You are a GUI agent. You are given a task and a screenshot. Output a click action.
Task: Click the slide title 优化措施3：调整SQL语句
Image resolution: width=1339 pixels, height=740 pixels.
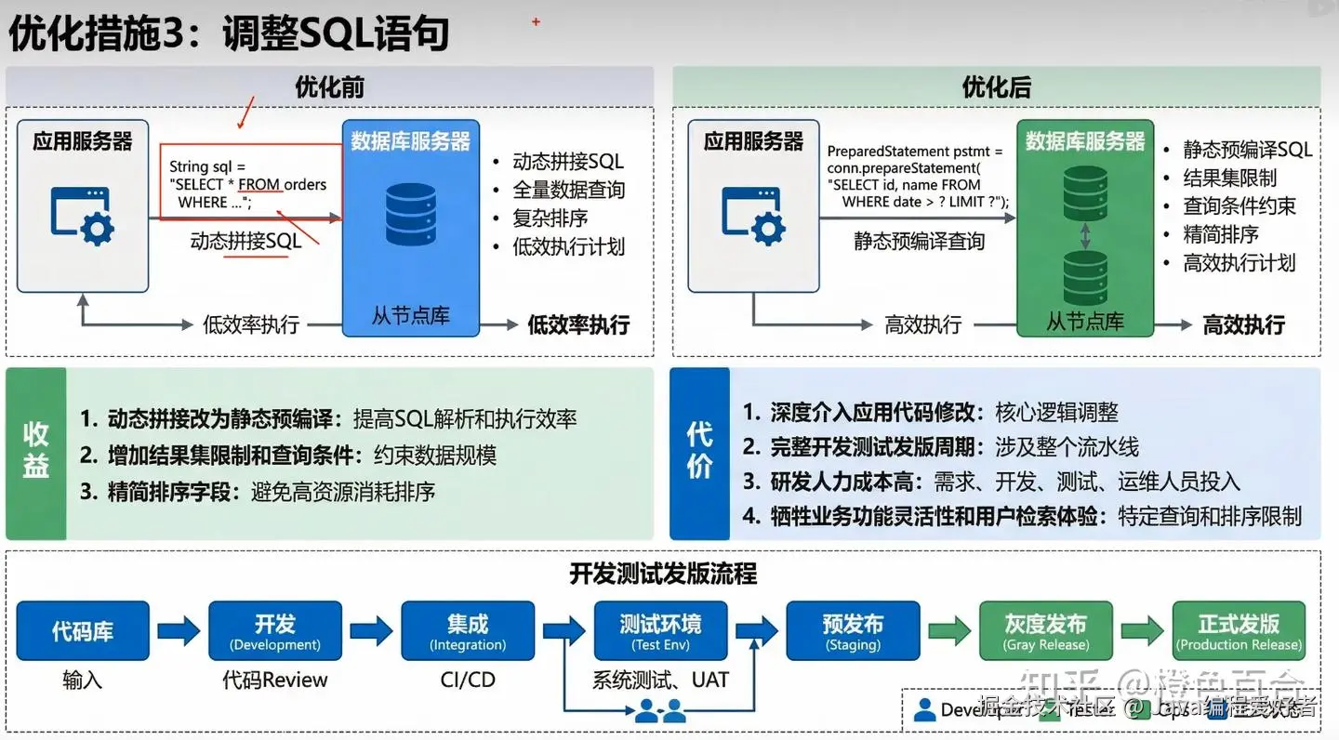(229, 34)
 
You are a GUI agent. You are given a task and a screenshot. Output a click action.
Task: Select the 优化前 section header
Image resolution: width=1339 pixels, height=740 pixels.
(329, 87)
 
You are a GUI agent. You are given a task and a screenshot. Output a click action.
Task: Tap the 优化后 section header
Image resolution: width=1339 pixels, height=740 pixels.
(996, 87)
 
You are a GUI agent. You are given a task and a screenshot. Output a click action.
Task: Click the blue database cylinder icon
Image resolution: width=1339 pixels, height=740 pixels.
(410, 214)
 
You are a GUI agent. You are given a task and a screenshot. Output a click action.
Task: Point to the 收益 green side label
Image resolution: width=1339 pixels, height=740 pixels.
(36, 453)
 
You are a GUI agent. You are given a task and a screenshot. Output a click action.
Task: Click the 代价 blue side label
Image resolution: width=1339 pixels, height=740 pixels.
(699, 453)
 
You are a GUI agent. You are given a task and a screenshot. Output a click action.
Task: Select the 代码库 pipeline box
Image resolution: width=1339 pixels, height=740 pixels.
(83, 631)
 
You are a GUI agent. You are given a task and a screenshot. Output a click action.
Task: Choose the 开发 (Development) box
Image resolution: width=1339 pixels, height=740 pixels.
(275, 631)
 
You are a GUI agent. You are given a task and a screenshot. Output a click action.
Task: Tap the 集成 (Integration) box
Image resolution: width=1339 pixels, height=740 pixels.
(468, 631)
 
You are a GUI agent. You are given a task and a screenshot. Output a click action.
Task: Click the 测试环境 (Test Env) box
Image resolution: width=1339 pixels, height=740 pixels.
(660, 631)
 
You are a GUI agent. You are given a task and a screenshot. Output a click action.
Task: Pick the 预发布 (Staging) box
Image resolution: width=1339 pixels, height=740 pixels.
(853, 631)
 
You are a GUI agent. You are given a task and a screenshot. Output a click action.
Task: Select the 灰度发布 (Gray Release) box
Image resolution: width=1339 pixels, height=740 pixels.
(1045, 631)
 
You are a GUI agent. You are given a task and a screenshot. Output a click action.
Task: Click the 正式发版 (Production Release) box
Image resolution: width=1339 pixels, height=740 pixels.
(1239, 631)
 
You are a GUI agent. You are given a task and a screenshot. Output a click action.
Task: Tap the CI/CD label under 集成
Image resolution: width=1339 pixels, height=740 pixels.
(468, 681)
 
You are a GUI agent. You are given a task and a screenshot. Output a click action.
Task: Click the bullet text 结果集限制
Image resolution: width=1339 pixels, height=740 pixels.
(1229, 178)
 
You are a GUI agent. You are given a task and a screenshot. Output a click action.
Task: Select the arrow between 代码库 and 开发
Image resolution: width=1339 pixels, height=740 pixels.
(179, 631)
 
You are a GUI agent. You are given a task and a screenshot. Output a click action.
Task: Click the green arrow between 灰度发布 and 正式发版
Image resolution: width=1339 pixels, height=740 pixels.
(1142, 631)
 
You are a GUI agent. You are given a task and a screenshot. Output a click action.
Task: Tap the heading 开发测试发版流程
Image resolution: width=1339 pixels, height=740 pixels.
(663, 574)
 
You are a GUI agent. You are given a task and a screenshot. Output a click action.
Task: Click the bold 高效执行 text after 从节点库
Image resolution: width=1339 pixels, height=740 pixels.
(1243, 324)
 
